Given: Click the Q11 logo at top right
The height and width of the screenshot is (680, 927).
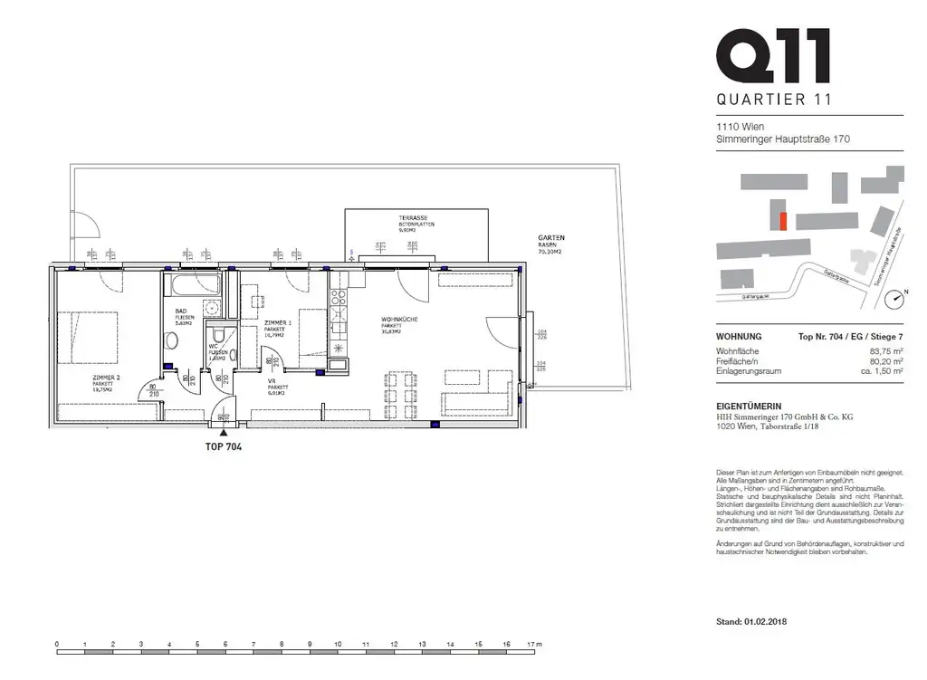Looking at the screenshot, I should click(x=771, y=56).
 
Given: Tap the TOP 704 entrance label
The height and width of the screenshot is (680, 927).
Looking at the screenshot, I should click(x=225, y=446).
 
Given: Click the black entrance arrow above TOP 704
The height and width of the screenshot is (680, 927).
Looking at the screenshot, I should click(x=225, y=434).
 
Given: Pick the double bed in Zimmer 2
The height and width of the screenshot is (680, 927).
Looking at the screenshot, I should click(x=87, y=336).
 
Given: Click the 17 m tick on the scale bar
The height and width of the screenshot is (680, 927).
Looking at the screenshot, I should click(x=532, y=644).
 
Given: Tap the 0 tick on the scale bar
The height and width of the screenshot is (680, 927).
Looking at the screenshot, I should click(x=57, y=644).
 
